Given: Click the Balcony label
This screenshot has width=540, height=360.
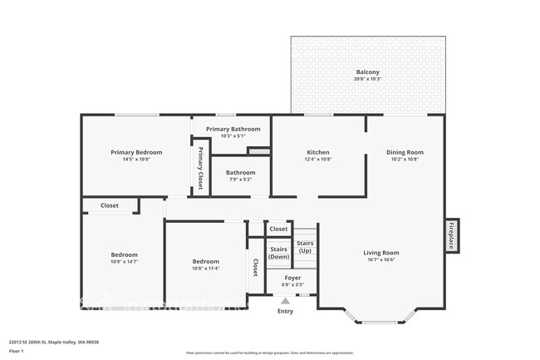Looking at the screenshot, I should click(x=368, y=73).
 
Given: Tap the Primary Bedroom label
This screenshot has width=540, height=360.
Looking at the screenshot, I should click(x=136, y=152).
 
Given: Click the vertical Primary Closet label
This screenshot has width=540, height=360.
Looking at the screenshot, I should click(x=200, y=169).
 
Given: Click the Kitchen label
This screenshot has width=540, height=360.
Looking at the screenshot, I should click(x=318, y=152).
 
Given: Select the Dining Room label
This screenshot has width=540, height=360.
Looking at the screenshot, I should click(x=405, y=152).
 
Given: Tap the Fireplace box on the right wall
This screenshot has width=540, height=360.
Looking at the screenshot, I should click(x=451, y=236).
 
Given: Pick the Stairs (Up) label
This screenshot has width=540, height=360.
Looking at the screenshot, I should click(x=305, y=247).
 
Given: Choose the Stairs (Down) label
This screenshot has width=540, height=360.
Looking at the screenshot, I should click(x=278, y=253).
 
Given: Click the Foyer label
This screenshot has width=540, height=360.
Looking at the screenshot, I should click(x=292, y=278).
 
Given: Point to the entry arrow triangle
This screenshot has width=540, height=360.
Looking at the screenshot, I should click(x=285, y=301).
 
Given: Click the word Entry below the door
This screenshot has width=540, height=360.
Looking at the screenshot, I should click(x=285, y=312).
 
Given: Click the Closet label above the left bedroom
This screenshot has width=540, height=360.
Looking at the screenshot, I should click(x=110, y=205).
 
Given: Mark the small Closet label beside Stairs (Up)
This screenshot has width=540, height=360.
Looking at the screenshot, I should click(x=278, y=229).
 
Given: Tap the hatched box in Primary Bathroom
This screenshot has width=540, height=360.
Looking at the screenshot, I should click(x=259, y=151).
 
